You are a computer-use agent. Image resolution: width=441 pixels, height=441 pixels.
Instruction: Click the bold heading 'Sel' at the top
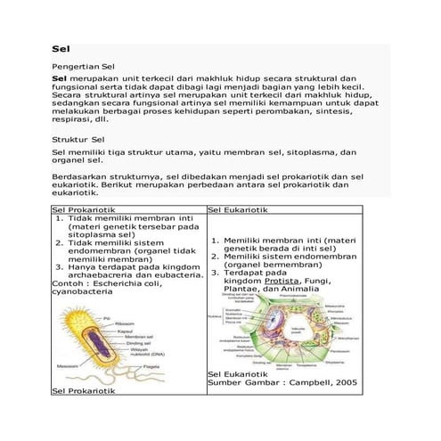[61, 49]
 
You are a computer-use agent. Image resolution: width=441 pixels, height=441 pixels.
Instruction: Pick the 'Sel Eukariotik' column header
[240, 209]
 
